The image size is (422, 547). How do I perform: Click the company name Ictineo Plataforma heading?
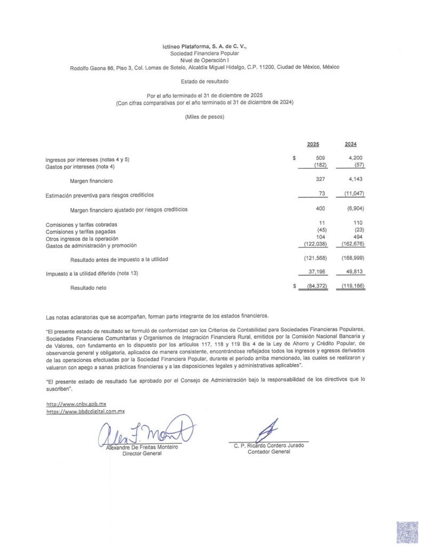click(204, 47)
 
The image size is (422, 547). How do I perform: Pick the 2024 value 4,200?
click(355, 158)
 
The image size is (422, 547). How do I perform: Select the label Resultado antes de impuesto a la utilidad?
click(119, 259)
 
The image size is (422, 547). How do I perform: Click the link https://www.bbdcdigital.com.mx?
click(85, 411)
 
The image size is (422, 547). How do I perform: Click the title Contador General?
click(269, 452)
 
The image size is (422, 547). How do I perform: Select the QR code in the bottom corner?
click(407, 532)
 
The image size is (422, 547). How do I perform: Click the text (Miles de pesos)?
click(204, 116)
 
